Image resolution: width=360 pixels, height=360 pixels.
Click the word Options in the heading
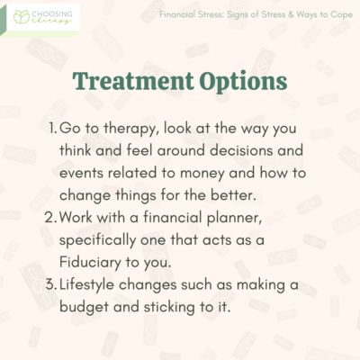tap(238, 80)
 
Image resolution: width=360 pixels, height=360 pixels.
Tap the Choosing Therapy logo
tap(40, 17)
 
